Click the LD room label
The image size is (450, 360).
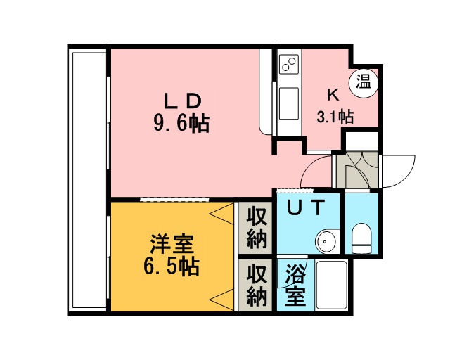pyautogui.click(x=182, y=101)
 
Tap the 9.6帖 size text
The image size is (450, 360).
pyautogui.click(x=181, y=124)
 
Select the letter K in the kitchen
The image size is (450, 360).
pyautogui.click(x=333, y=96)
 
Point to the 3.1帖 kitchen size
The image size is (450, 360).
pyautogui.click(x=335, y=117)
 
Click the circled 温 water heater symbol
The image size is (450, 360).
pyautogui.click(x=364, y=84)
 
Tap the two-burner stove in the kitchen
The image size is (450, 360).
pyautogui.click(x=289, y=64)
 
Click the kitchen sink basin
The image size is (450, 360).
pyautogui.click(x=289, y=103)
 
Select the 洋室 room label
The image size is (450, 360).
pyautogui.click(x=172, y=244)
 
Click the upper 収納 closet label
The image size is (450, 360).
pyautogui.click(x=256, y=229)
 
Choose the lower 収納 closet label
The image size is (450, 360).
pyautogui.click(x=256, y=285)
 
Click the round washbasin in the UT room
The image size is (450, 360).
pyautogui.click(x=326, y=240)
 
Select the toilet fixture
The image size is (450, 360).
pyautogui.click(x=361, y=238)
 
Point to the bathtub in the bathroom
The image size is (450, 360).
pyautogui.click(x=331, y=285)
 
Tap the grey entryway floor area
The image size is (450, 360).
pyautogui.click(x=357, y=170)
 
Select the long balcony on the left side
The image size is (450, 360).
pyautogui.click(x=88, y=181)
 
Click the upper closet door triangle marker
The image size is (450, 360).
pyautogui.click(x=221, y=214)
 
